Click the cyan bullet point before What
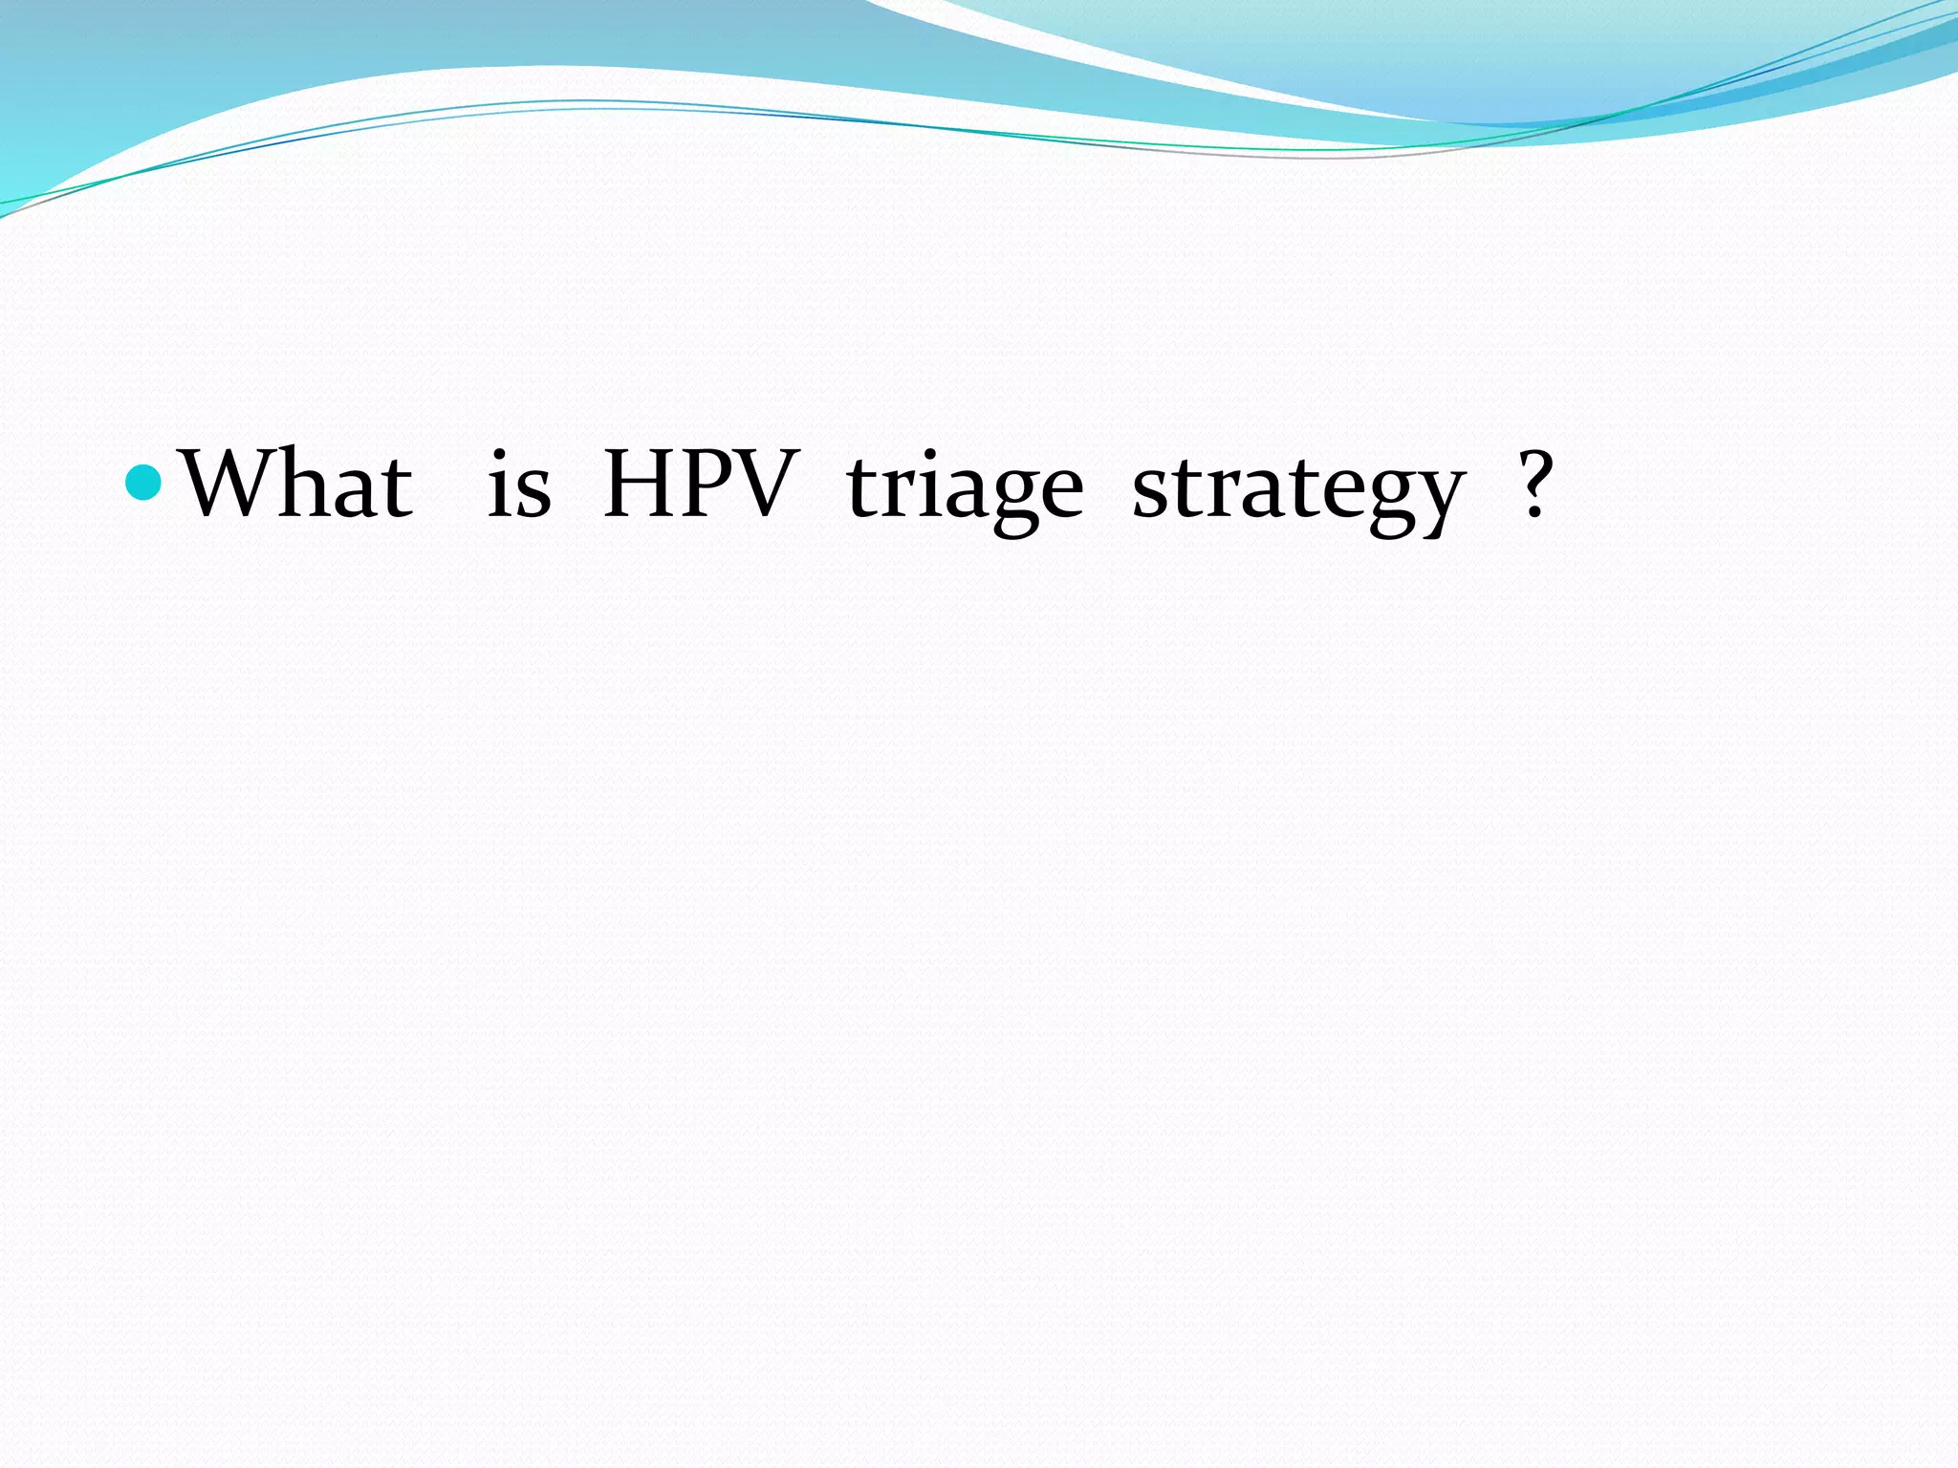(144, 482)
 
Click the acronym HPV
(701, 484)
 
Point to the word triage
(965, 487)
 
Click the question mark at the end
(1534, 484)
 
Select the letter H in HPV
(640, 484)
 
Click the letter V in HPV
(765, 484)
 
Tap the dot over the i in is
(498, 453)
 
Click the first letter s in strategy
(1149, 491)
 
